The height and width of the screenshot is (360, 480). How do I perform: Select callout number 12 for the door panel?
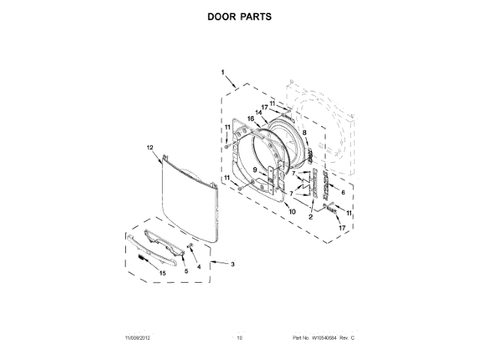tap(149, 148)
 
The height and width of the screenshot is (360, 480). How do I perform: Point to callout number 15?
tap(161, 273)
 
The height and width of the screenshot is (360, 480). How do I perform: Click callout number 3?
tap(232, 264)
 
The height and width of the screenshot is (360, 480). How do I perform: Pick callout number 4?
tap(198, 266)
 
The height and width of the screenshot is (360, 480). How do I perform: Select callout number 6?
tap(343, 192)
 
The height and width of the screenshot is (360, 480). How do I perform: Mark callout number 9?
tap(255, 170)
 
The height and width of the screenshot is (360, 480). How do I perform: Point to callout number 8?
tap(304, 133)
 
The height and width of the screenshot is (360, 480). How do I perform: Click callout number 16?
tap(251, 118)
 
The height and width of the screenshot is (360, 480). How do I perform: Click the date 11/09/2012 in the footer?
tap(132, 338)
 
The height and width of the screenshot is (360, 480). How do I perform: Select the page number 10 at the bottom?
tap(240, 338)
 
